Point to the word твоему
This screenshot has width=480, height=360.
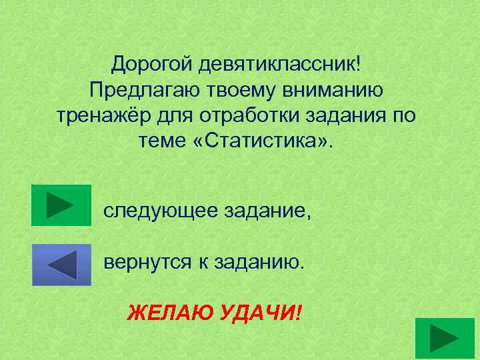tap(233, 89)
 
